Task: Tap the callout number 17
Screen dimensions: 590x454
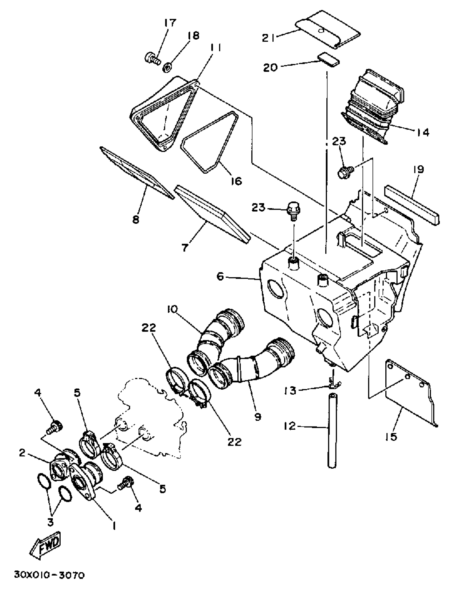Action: (x=169, y=22)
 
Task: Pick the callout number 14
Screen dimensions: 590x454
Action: (x=423, y=132)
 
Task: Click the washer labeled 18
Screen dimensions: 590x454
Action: (x=167, y=67)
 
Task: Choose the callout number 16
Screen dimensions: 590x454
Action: (x=236, y=181)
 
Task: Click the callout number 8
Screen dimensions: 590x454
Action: (x=136, y=219)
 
